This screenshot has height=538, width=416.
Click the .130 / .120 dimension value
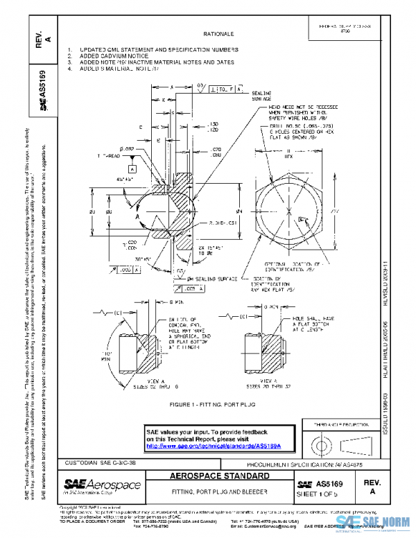[214, 127]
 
